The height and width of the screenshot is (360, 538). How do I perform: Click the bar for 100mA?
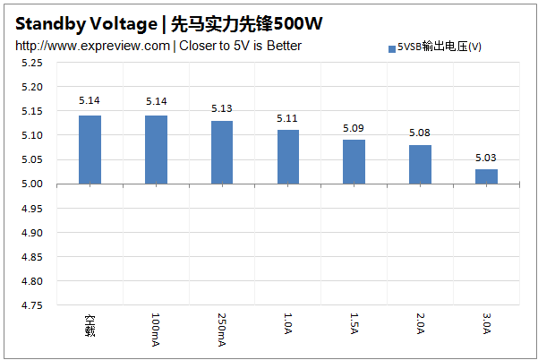(156, 150)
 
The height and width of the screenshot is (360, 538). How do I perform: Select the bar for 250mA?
(222, 152)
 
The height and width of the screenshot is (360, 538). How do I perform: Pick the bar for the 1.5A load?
(354, 162)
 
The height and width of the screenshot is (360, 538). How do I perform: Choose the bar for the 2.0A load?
(420, 165)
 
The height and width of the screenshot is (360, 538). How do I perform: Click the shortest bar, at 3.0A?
(486, 176)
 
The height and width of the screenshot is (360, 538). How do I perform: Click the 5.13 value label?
(222, 108)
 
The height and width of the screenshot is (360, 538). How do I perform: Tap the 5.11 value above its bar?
(288, 118)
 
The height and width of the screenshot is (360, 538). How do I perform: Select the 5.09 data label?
(354, 128)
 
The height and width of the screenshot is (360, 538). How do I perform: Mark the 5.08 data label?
(420, 133)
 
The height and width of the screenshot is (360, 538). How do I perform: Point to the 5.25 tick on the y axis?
(32, 64)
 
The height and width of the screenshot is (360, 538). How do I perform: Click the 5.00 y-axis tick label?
(32, 184)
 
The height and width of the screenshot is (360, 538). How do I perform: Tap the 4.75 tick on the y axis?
(32, 306)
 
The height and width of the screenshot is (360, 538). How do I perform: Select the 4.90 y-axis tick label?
(32, 233)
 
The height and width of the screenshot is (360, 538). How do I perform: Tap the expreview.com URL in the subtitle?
(92, 46)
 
